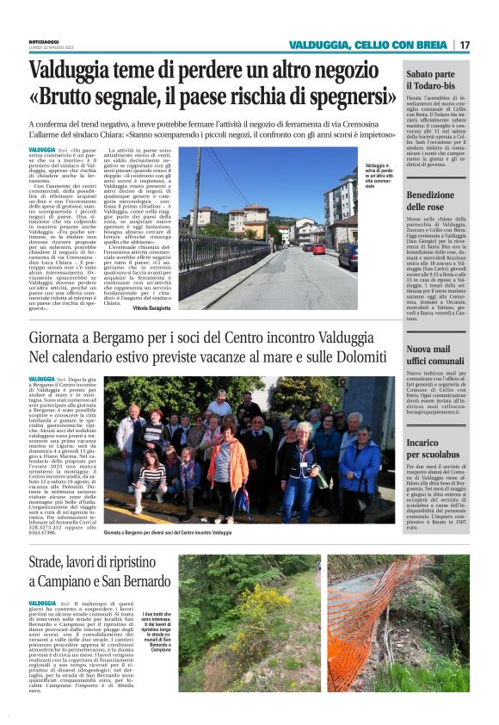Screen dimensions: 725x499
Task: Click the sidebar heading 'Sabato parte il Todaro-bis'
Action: point(436,83)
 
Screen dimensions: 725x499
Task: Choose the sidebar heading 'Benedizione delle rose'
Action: point(436,201)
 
